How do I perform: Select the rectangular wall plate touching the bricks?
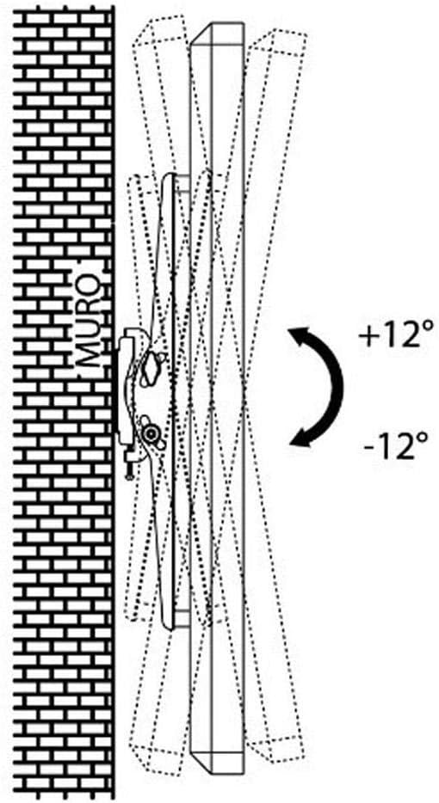[x=125, y=390]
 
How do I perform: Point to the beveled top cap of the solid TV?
[x=216, y=33]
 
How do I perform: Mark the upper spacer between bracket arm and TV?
[x=183, y=183]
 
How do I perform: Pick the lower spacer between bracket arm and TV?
[x=183, y=618]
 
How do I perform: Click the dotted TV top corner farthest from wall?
[x=306, y=35]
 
